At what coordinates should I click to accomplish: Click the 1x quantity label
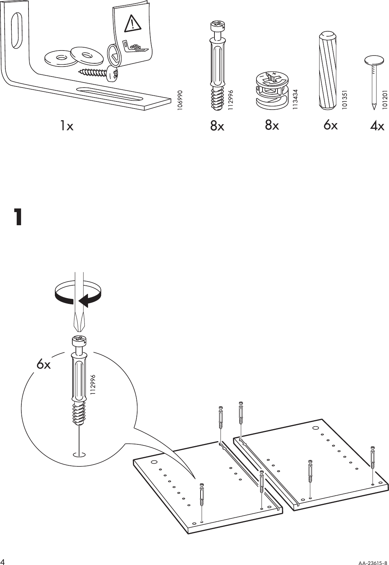click(66, 125)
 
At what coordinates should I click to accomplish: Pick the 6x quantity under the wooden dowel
click(331, 125)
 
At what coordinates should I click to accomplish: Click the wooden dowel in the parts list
click(327, 69)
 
